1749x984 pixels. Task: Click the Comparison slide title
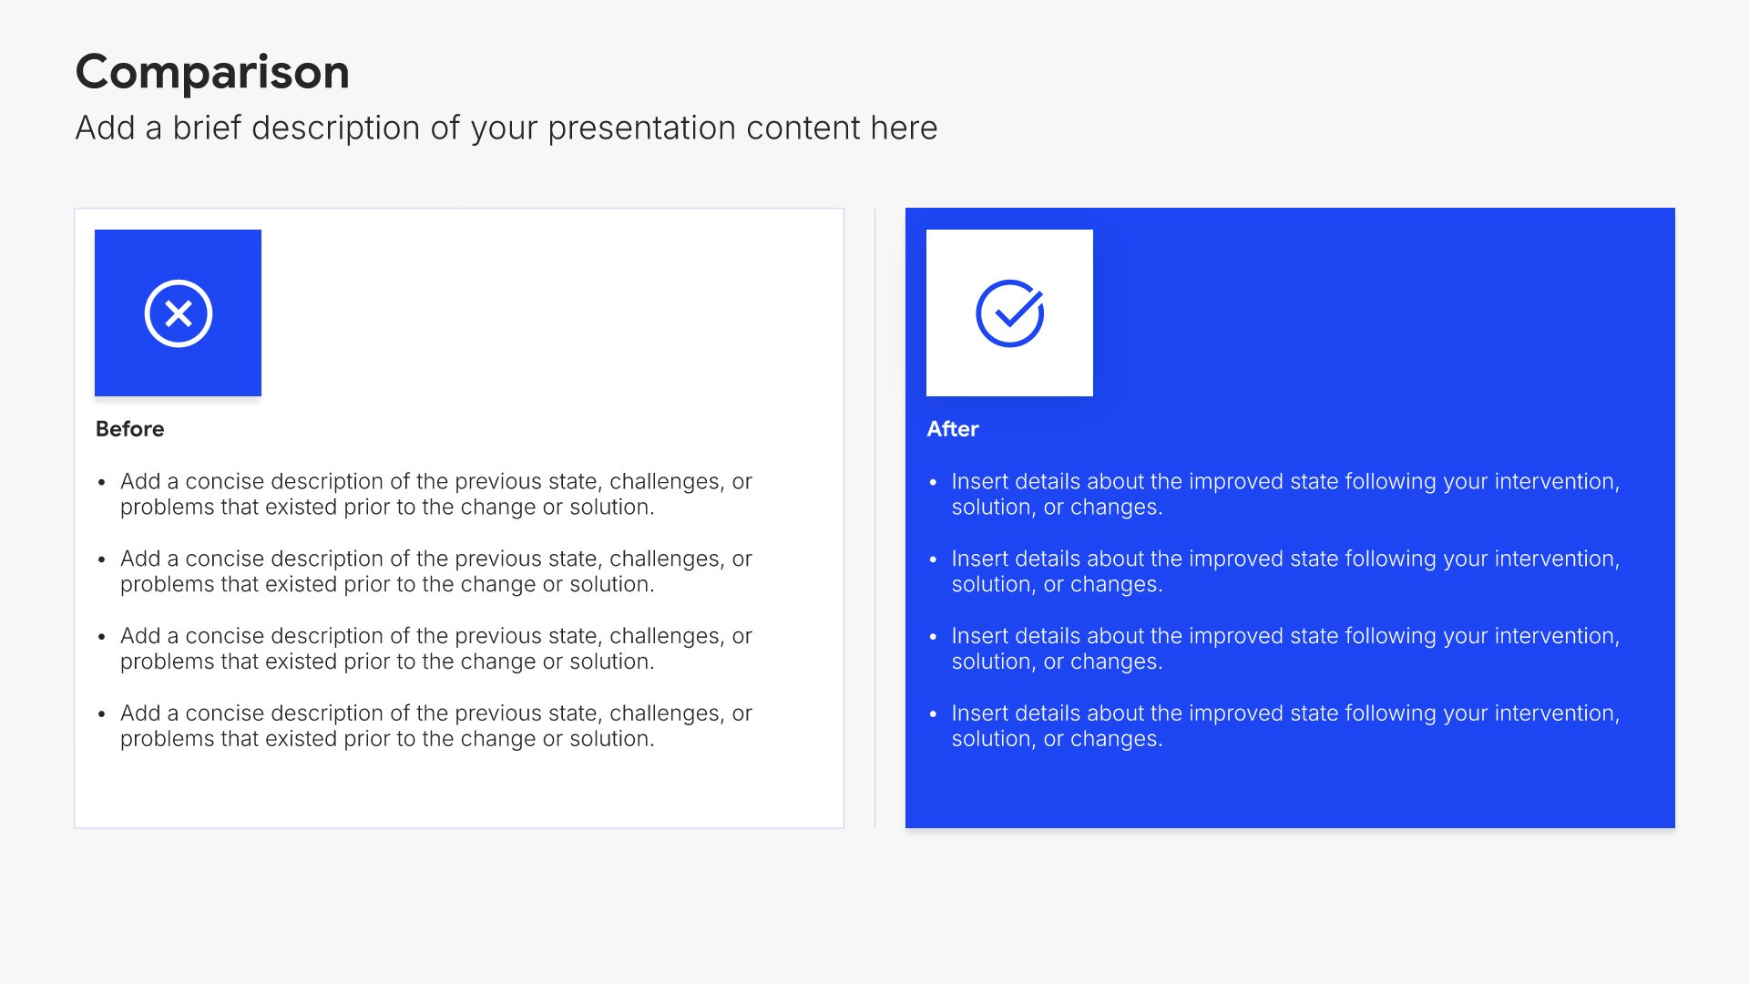(212, 72)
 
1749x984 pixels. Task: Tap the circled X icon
(179, 313)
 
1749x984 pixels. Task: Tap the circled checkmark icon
(1010, 313)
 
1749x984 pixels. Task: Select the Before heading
(130, 429)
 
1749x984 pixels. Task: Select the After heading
(953, 429)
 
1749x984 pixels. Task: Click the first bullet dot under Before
(101, 482)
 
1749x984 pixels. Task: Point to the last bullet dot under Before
(101, 714)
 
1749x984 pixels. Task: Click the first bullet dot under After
(933, 482)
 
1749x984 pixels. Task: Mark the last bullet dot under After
(933, 714)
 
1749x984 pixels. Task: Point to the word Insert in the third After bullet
(980, 636)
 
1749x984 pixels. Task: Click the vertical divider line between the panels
(874, 518)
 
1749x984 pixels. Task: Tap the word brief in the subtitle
(208, 128)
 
